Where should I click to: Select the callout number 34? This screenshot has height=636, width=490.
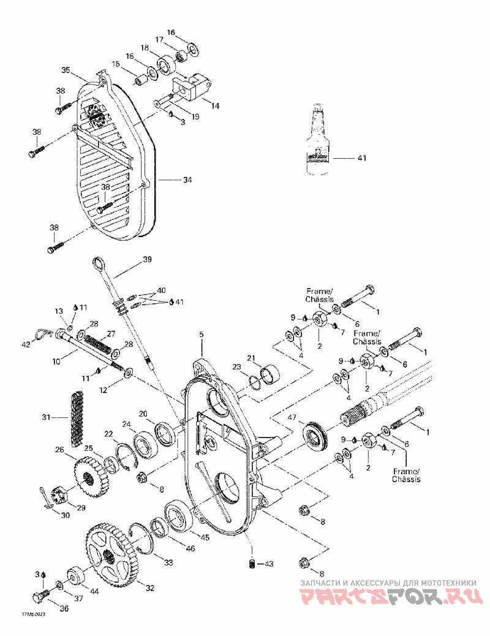[187, 180]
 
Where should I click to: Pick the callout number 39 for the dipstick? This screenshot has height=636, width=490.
[146, 259]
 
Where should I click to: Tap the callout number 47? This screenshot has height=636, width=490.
[292, 417]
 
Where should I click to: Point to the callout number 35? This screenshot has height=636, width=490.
[66, 70]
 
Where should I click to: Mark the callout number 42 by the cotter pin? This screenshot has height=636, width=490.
[26, 345]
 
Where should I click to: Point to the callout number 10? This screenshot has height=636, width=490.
[56, 362]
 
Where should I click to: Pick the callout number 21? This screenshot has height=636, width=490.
[251, 358]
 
